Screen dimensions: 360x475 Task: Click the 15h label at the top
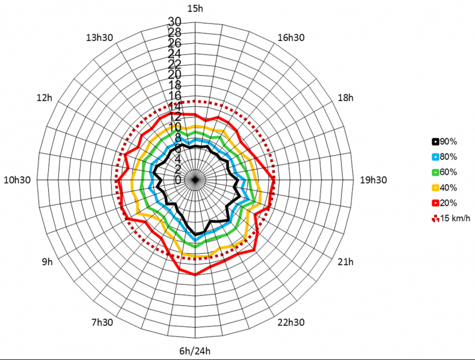(x=195, y=8)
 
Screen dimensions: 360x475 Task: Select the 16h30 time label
(x=291, y=37)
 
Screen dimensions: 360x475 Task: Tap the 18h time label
(x=347, y=97)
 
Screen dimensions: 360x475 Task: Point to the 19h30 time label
(x=373, y=179)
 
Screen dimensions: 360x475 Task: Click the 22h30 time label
(x=291, y=322)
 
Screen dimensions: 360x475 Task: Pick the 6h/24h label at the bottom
(x=195, y=351)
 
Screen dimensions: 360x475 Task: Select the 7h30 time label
(x=102, y=322)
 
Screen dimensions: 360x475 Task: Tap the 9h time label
(x=47, y=262)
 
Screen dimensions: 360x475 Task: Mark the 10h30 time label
(x=18, y=179)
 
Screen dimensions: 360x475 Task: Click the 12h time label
(x=44, y=97)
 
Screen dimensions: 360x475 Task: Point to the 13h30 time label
(x=100, y=37)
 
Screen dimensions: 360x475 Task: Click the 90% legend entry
(x=444, y=142)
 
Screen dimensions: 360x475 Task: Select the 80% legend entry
(x=444, y=157)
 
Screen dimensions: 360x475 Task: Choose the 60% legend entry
(x=444, y=172)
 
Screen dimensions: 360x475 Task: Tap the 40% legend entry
(x=444, y=188)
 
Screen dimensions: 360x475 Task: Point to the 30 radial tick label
(x=174, y=22)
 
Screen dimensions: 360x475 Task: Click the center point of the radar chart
(x=195, y=180)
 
